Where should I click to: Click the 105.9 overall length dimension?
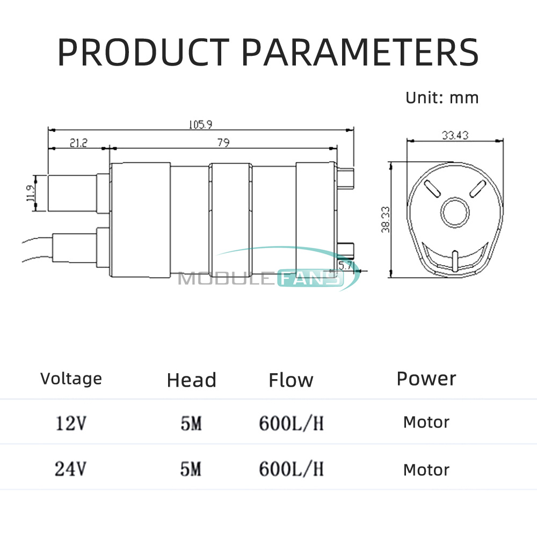click(x=200, y=124)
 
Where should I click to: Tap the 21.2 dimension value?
click(x=78, y=142)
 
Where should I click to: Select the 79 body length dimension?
click(x=223, y=142)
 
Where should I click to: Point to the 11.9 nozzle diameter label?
click(x=31, y=193)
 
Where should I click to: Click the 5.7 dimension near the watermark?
click(x=345, y=265)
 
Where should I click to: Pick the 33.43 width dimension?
click(x=455, y=135)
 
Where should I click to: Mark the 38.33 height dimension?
click(x=386, y=219)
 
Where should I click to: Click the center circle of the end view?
click(x=455, y=212)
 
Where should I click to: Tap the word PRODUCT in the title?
click(x=143, y=52)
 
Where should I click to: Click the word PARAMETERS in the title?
click(x=360, y=52)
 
